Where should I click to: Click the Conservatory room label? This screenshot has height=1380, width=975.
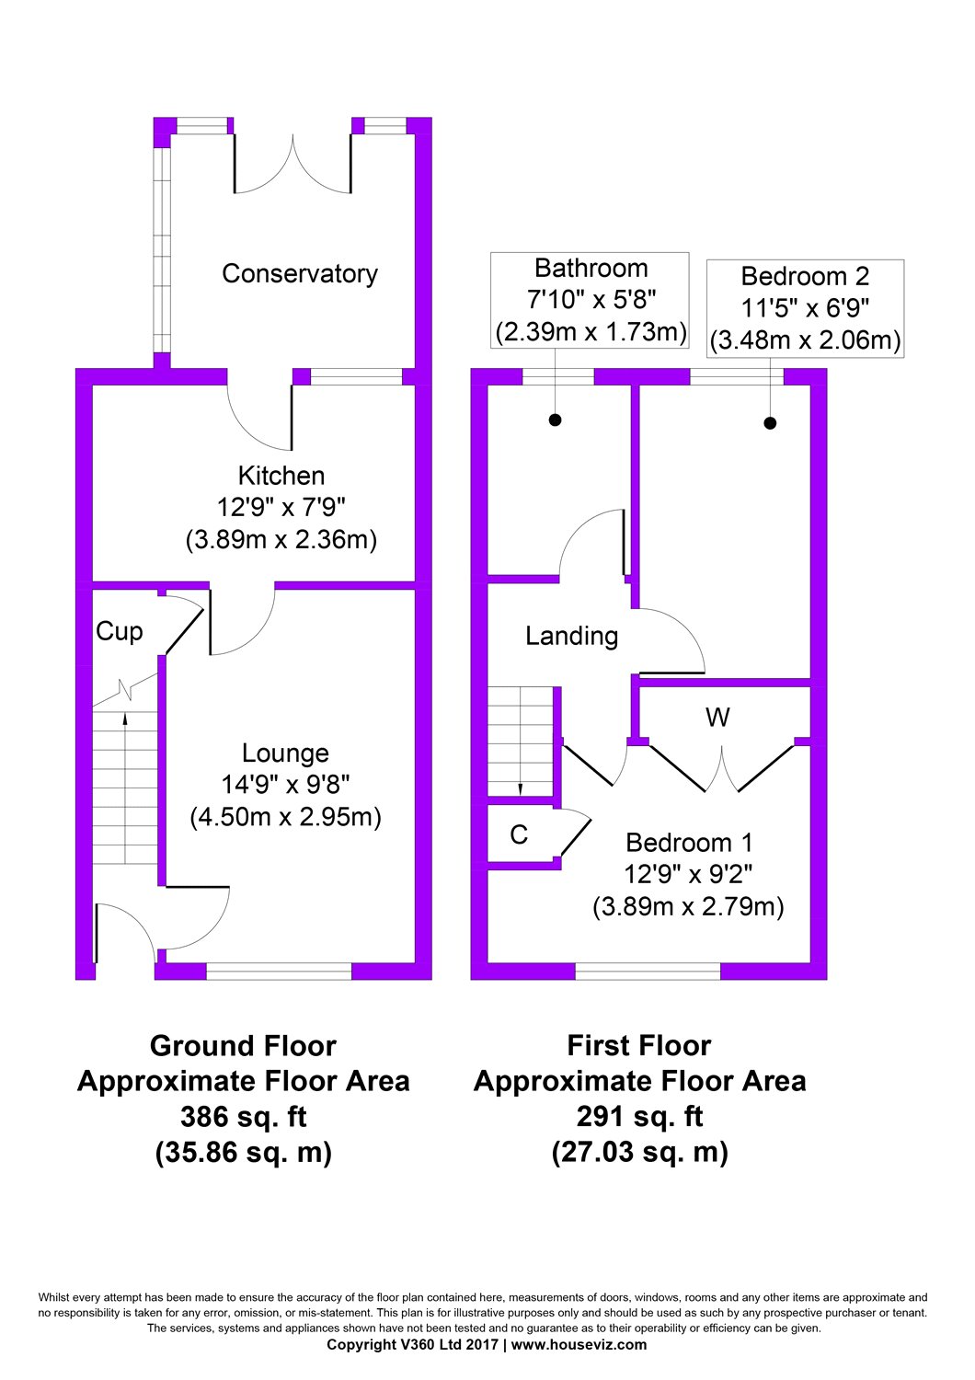(300, 274)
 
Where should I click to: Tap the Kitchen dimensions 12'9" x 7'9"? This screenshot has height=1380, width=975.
(281, 507)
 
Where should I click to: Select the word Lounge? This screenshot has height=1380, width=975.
(285, 753)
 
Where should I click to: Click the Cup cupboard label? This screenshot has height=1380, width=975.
(120, 632)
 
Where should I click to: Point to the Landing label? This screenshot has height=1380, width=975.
(571, 637)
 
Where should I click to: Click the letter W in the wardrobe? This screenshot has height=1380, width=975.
(717, 718)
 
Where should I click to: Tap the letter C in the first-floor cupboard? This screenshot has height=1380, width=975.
(519, 834)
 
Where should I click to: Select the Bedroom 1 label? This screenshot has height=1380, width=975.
(689, 843)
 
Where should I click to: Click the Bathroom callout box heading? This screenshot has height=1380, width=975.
(591, 269)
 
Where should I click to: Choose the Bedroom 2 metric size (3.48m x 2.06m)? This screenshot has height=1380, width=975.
(805, 340)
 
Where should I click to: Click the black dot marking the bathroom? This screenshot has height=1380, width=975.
(555, 420)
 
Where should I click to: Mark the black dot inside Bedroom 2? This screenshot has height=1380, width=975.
(770, 423)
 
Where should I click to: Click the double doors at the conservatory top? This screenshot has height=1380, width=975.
(292, 166)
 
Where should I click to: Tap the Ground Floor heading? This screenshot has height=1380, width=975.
(243, 1046)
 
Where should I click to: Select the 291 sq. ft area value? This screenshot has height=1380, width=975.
(639, 1117)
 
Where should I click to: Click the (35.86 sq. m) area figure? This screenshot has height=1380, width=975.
(243, 1152)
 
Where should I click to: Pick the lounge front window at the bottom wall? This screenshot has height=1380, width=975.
(279, 971)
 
